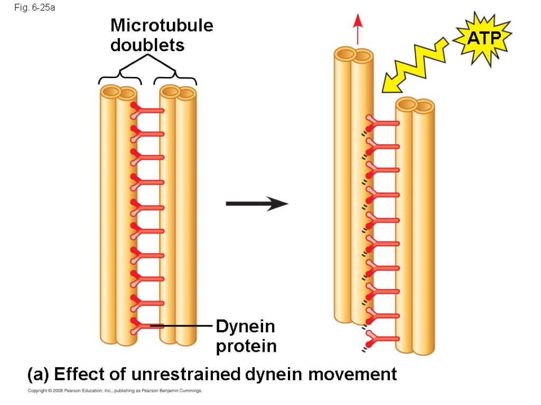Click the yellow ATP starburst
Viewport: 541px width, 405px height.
(483, 38)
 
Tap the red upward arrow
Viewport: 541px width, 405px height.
(358, 29)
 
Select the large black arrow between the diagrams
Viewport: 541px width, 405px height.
(257, 204)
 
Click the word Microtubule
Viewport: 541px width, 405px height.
(162, 25)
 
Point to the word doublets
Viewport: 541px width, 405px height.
(147, 45)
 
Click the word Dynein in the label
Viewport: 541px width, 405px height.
(245, 326)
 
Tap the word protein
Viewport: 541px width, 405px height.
(246, 346)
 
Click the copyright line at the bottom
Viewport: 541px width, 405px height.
(115, 391)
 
